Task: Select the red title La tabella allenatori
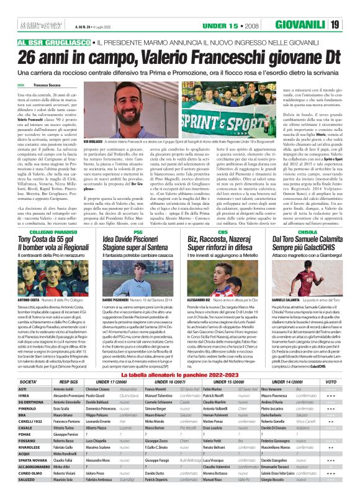click(x=179, y=359)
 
